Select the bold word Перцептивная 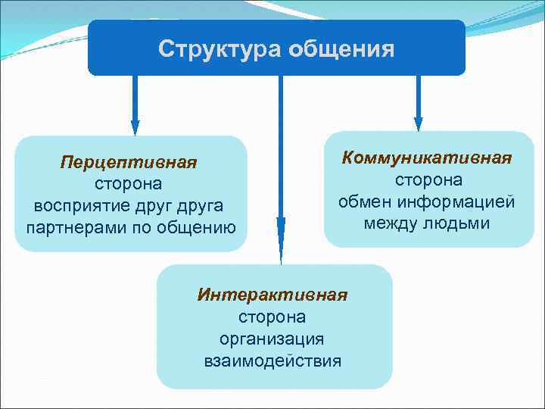coord(129,164)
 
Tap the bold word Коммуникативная coord(428,158)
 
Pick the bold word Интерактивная coord(272,295)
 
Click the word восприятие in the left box coord(76,206)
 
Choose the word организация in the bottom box coord(272,339)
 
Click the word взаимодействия coord(272,360)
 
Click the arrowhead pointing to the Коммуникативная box coord(418,123)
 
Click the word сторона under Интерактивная coord(272,317)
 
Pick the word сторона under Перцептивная coord(129,185)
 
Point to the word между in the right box coord(392,223)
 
